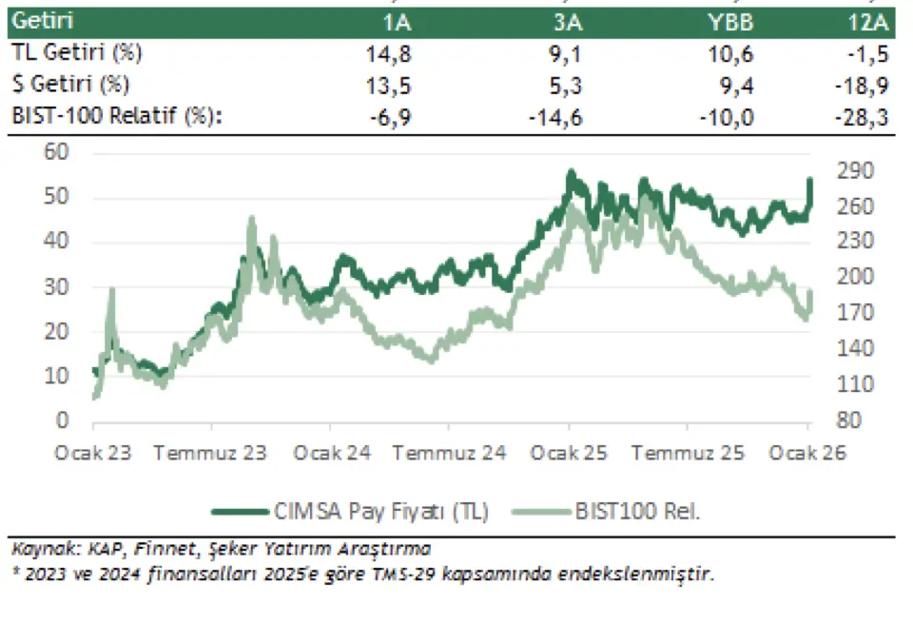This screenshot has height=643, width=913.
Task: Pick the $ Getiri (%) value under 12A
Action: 867,85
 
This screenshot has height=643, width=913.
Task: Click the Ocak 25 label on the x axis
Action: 569,454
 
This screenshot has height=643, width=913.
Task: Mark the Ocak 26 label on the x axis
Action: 806,454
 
